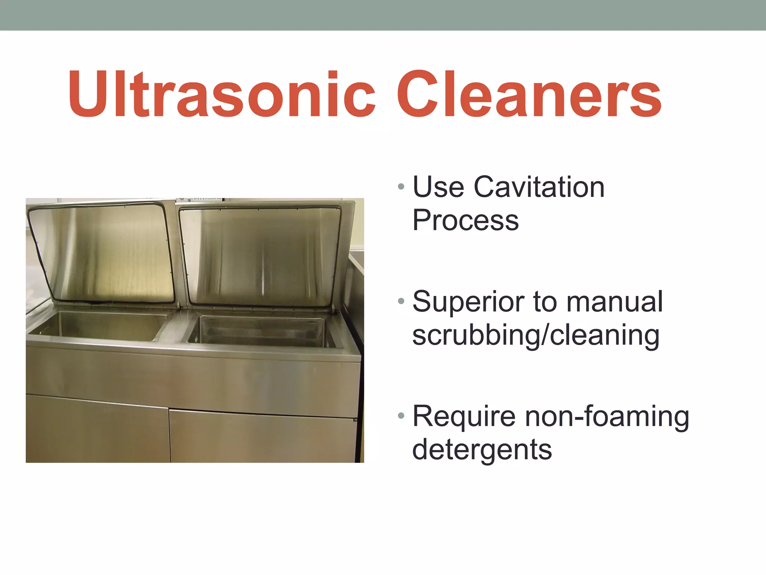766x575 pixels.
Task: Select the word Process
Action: pyautogui.click(x=465, y=221)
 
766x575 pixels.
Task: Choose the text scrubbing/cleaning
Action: pyautogui.click(x=536, y=335)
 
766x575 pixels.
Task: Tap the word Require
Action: pyautogui.click(x=464, y=416)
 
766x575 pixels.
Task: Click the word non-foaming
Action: pyautogui.click(x=607, y=416)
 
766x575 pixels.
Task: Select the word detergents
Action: pyautogui.click(x=482, y=450)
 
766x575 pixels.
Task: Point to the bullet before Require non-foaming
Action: pyautogui.click(x=401, y=416)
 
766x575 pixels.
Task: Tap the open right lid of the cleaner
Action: pyautogui.click(x=260, y=255)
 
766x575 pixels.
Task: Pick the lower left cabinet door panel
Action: pyautogui.click(x=97, y=431)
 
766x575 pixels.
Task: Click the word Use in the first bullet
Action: pyautogui.click(x=438, y=187)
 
